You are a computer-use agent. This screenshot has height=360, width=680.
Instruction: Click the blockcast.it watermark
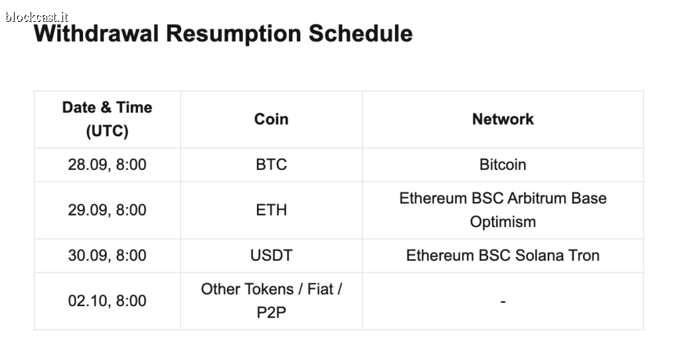tap(37, 17)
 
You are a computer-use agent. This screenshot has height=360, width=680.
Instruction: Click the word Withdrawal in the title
tap(96, 33)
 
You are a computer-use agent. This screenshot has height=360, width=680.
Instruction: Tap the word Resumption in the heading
tap(233, 34)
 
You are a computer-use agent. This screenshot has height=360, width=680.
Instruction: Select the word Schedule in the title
tap(361, 33)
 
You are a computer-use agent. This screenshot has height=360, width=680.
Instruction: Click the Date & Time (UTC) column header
tap(107, 120)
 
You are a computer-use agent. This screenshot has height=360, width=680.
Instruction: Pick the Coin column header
tap(271, 120)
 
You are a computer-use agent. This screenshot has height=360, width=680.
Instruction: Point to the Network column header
tap(503, 120)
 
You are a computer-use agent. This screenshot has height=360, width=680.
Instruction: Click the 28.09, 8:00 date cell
tap(107, 165)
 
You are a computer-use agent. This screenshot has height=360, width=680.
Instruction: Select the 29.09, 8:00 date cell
tap(107, 210)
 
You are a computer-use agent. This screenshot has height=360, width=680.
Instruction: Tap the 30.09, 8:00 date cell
tap(107, 256)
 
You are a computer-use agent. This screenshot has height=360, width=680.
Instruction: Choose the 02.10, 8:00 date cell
tap(107, 301)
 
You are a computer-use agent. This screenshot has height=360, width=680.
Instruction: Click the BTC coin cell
tap(271, 165)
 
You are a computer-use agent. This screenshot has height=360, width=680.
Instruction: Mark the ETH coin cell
tap(271, 210)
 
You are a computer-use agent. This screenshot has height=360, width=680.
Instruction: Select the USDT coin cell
tap(271, 256)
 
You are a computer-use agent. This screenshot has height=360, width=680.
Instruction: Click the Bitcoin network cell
tap(503, 165)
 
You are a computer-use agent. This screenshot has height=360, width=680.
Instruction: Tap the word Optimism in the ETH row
tap(503, 222)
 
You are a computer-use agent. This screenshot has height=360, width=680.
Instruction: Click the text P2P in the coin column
tap(271, 313)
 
